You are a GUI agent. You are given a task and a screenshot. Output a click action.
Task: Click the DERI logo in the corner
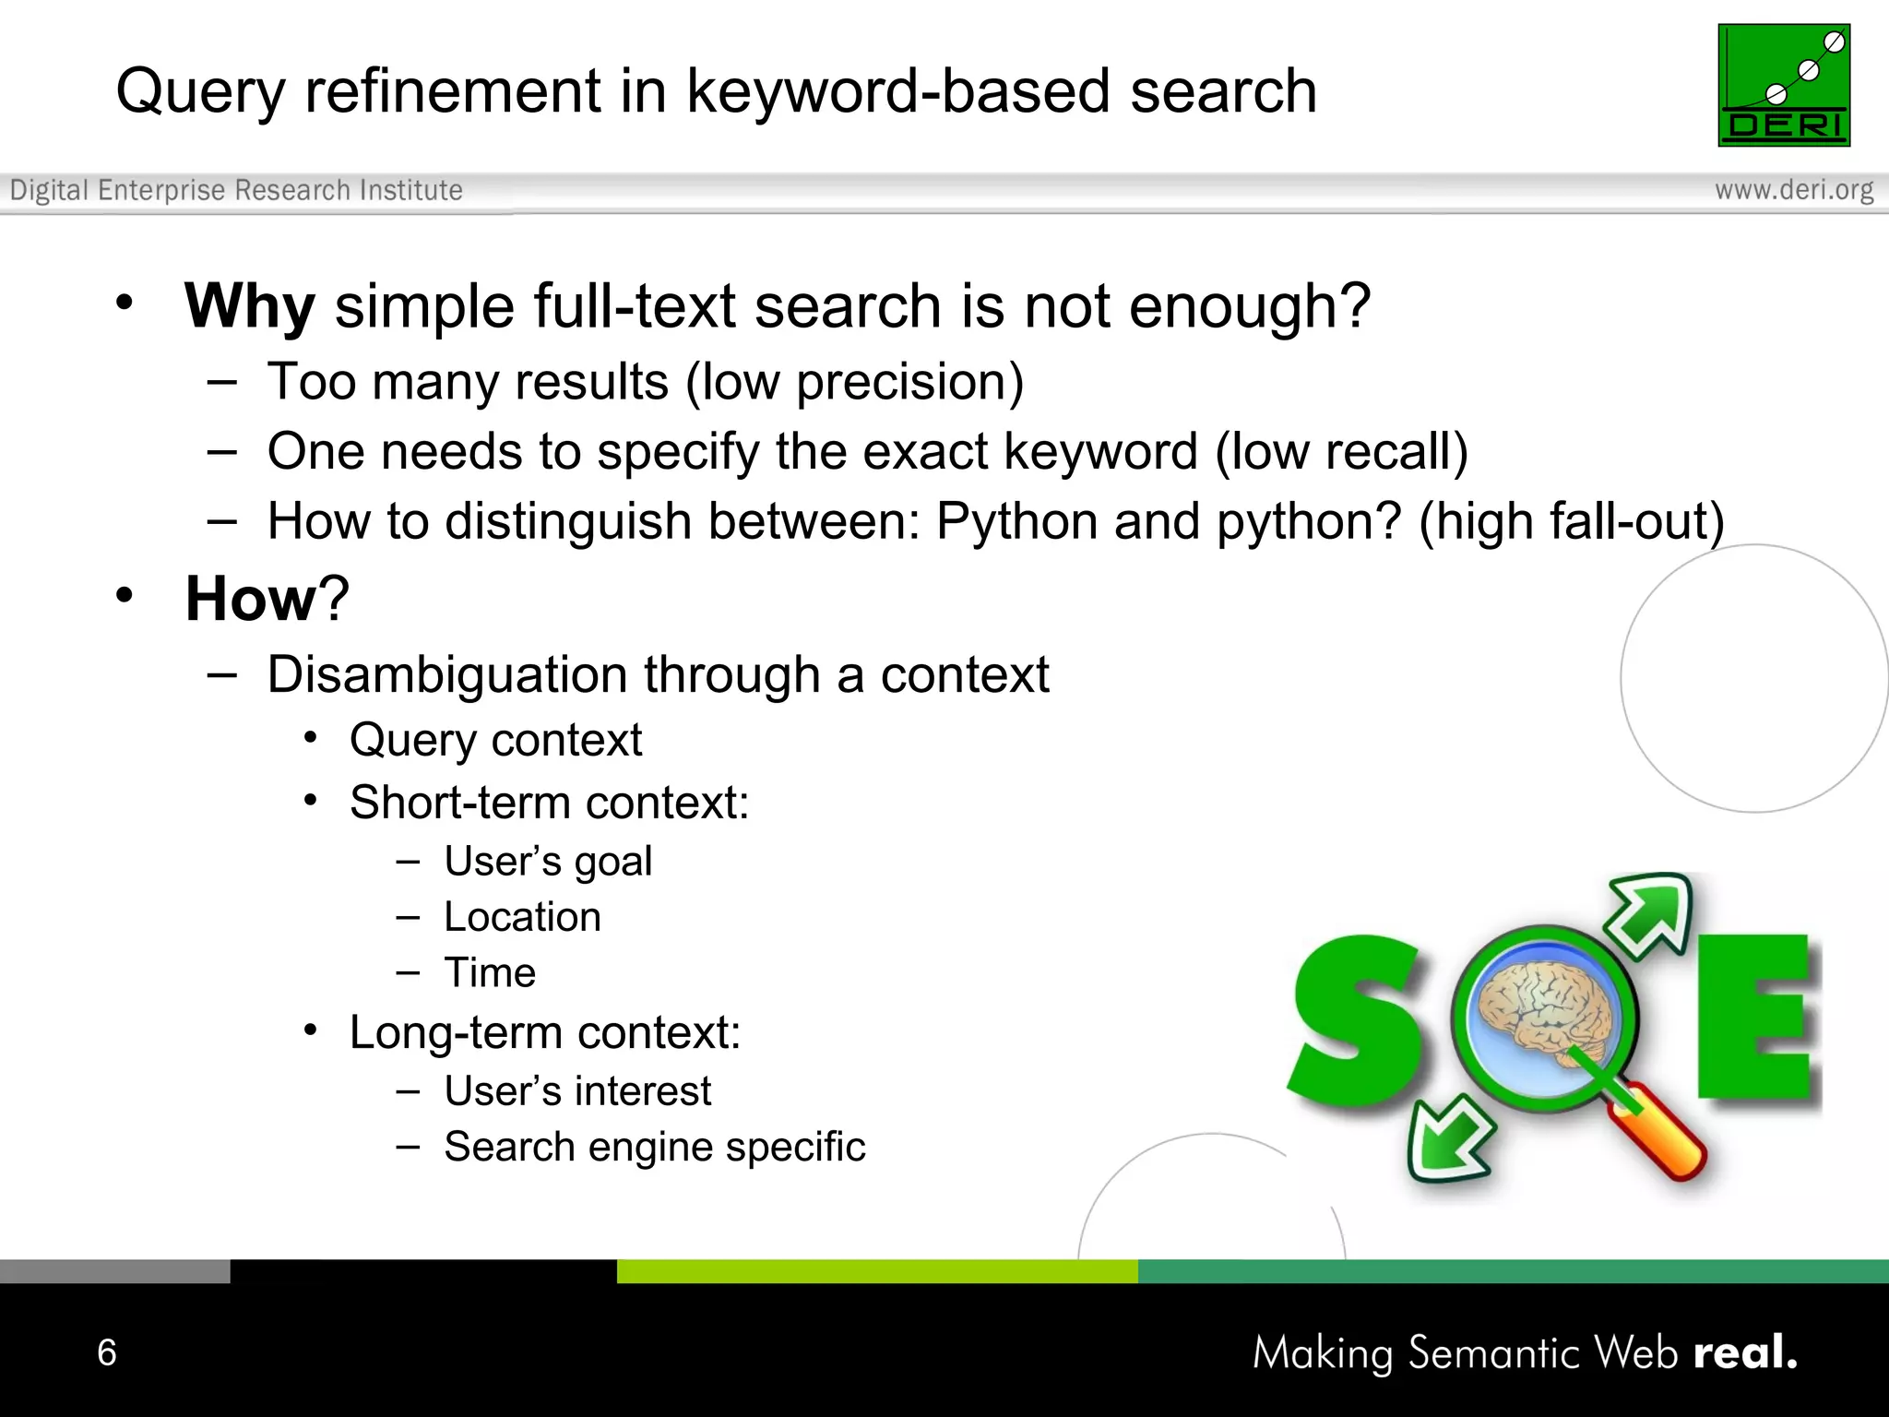(1783, 85)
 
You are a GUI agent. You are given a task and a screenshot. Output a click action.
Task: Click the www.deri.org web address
(1793, 190)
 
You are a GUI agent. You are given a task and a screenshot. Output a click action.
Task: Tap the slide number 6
(107, 1352)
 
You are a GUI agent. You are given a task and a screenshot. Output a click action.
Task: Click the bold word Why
(249, 306)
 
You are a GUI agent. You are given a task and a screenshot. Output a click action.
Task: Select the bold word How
(251, 599)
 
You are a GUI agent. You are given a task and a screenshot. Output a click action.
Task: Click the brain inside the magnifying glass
(1544, 1012)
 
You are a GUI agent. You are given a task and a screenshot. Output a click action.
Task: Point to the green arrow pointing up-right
(1650, 913)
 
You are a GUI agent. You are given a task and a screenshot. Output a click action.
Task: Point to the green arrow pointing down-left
(1448, 1138)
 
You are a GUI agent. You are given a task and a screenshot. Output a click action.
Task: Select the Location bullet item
(522, 917)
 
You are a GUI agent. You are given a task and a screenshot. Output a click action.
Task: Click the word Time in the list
(490, 973)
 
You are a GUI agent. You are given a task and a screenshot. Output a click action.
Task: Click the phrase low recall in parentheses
(1341, 452)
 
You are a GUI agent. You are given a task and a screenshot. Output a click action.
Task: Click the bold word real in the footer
(1743, 1352)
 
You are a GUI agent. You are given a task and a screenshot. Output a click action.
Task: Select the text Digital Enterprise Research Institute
(236, 190)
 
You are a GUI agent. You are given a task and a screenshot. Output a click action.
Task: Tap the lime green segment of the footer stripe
(876, 1271)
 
